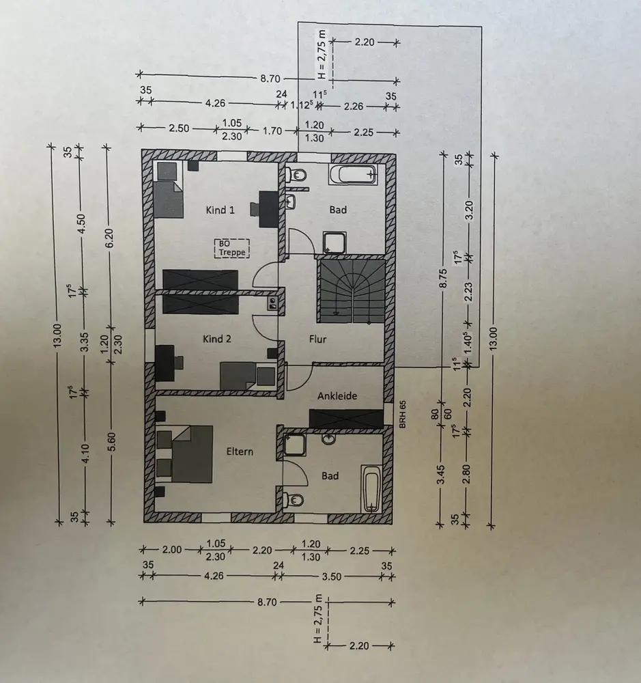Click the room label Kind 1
[220, 210]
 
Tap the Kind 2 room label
[218, 338]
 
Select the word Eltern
[240, 451]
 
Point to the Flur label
[317, 338]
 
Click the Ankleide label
[337, 395]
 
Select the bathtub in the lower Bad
[371, 488]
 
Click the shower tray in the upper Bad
[335, 242]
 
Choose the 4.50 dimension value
[82, 225]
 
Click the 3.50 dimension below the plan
[330, 576]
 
